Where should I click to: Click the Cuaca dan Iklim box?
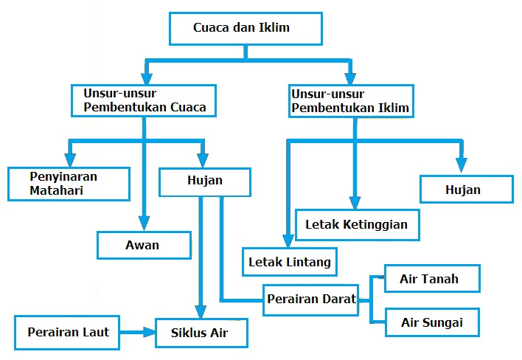tap(246, 29)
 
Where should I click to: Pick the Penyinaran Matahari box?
tap(69, 183)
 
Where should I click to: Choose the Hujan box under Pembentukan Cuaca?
tap(205, 179)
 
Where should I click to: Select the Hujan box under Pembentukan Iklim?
tap(466, 190)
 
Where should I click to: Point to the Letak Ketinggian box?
tap(356, 224)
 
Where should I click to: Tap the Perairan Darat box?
tap(310, 300)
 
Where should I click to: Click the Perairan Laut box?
tap(68, 332)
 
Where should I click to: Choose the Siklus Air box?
tap(200, 333)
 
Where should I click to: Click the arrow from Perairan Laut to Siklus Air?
tap(137, 332)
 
